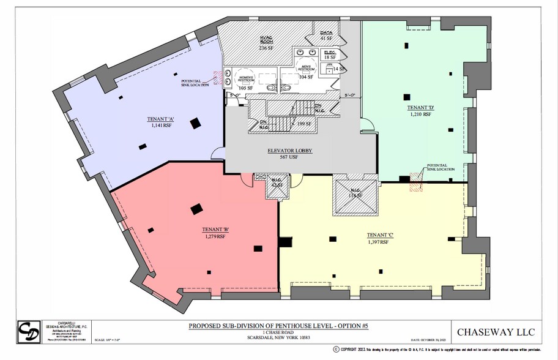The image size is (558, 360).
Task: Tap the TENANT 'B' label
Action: pyautogui.click(x=214, y=230)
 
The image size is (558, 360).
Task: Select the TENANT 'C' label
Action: pyautogui.click(x=379, y=235)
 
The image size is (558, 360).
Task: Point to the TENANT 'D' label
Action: pyautogui.click(x=420, y=107)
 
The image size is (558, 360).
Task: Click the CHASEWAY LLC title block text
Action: pyautogui.click(x=500, y=332)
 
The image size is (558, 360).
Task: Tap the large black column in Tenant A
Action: pyautogui.click(x=195, y=124)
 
